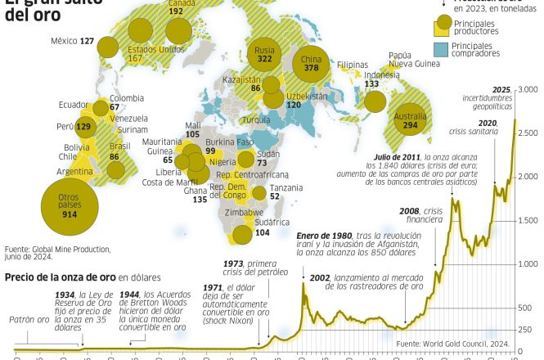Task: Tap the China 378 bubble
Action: tap(311, 63)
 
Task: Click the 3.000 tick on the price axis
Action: tap(527, 88)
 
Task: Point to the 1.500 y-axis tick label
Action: tap(527, 221)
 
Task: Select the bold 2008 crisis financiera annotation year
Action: tap(409, 210)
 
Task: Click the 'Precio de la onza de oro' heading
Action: tap(61, 277)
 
